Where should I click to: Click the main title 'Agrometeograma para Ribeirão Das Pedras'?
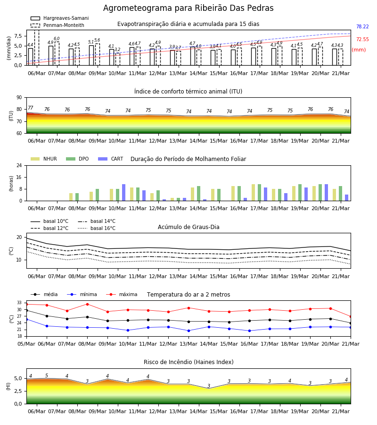coord(188,8)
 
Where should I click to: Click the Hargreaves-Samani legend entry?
coord(59,18)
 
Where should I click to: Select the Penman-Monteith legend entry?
coord(57,25)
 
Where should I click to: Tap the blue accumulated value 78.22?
coord(362,26)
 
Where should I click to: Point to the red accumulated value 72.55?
coord(362,39)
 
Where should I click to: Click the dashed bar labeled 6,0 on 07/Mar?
coord(57,54)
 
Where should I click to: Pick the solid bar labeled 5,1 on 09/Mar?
coord(91,55)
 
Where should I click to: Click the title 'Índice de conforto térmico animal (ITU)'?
coord(188,91)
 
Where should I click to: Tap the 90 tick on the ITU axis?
coord(19,98)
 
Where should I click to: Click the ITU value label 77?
coord(31,108)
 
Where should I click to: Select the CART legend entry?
coord(111,159)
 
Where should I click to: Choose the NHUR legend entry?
coord(44,159)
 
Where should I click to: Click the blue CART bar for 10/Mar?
coord(123,193)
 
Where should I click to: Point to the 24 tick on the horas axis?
coord(19,165)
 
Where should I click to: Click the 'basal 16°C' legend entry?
coord(97,228)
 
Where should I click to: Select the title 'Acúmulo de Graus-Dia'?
coord(188,227)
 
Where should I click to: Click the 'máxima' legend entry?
coord(122,294)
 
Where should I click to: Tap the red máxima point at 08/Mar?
coord(87,304)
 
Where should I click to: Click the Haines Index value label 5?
coord(47,375)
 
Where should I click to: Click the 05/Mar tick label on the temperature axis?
coord(26,344)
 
